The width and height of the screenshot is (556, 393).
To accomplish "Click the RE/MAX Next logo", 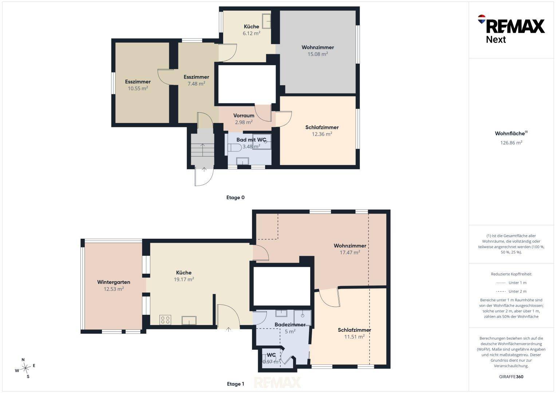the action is [511, 29].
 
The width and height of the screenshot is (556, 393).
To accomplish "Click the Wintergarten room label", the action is [114, 282].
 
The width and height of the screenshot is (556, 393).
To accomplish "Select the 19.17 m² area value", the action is [184, 279].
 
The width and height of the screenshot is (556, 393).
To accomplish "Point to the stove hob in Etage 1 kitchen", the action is [165, 320].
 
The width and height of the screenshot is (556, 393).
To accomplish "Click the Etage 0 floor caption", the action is [235, 198].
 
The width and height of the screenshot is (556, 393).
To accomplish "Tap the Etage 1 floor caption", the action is [236, 384].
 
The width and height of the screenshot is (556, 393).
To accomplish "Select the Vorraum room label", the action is [244, 116].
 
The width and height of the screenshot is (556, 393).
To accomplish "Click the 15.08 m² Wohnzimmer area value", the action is [318, 54].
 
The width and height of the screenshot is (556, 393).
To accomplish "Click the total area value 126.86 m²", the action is [511, 143].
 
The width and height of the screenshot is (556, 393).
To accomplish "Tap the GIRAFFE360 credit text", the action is [511, 377].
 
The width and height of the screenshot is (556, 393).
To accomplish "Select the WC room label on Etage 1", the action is [271, 355].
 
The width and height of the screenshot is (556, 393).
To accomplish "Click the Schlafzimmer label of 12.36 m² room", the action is [322, 127].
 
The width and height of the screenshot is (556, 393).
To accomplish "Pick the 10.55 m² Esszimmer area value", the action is [138, 88].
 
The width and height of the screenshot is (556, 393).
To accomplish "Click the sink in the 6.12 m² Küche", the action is [266, 21].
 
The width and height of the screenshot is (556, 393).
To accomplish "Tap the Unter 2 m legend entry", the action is [511, 291].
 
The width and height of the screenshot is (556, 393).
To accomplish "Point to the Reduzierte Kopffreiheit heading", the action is [511, 274].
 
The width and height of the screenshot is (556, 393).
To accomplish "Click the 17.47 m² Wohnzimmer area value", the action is [350, 253].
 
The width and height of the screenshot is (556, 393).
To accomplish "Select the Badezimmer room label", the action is [290, 325].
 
